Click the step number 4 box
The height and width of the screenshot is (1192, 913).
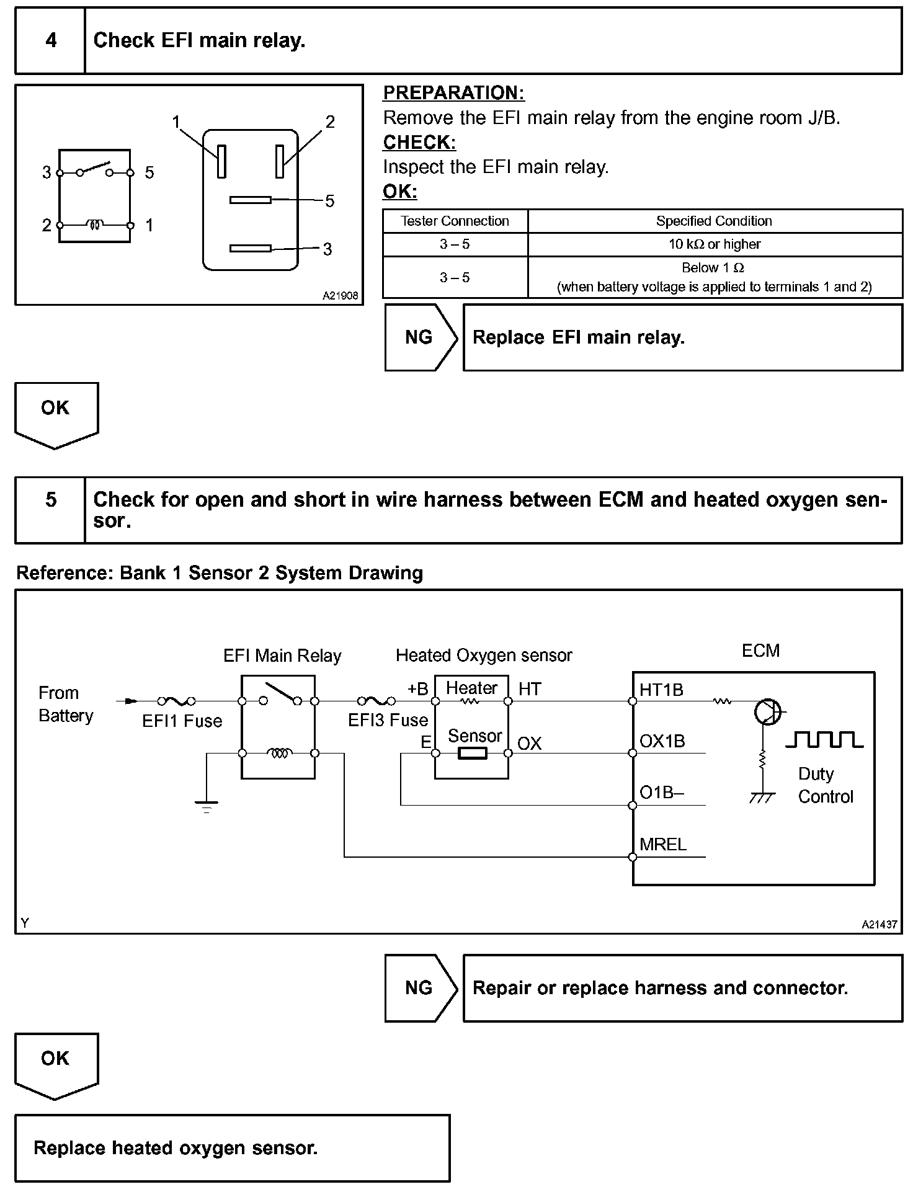50,41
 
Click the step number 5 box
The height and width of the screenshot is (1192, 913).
50,500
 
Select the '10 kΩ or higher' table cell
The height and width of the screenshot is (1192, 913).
714,244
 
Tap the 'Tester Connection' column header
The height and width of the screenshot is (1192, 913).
455,221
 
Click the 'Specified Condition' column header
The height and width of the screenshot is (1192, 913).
714,221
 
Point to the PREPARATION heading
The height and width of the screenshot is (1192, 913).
453,93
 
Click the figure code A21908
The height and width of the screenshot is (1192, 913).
340,296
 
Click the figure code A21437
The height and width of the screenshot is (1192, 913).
879,925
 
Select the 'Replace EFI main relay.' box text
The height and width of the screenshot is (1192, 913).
578,338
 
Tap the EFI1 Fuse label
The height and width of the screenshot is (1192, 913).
182,721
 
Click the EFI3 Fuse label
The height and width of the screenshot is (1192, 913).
388,721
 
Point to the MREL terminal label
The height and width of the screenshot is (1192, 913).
663,845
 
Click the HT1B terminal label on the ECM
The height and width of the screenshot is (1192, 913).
661,690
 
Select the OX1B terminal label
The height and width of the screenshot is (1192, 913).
662,742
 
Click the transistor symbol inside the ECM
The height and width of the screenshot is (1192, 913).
767,711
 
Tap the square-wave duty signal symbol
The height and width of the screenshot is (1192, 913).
824,740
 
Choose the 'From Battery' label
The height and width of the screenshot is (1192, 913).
65,705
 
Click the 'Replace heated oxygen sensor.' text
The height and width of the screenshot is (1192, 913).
176,1149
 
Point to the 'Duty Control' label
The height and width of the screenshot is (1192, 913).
825,786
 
